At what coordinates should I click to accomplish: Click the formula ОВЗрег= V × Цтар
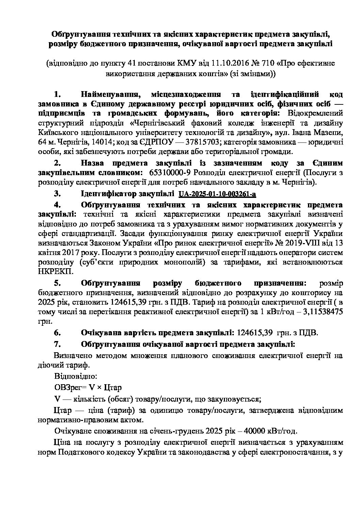pos(88,387)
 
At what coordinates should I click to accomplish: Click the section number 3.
pos(58,194)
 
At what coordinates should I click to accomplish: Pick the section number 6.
pos(58,333)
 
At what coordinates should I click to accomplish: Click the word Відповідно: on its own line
pos(76,376)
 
